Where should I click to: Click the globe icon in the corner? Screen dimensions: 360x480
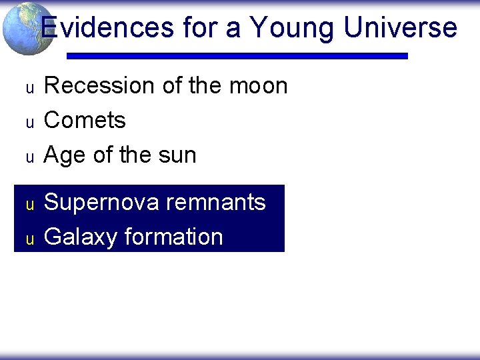tap(27, 28)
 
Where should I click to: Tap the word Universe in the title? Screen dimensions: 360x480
tap(401, 28)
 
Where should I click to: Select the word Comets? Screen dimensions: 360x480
tap(85, 121)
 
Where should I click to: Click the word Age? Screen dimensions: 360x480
tap(65, 155)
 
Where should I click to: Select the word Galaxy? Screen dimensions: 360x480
tap(79, 237)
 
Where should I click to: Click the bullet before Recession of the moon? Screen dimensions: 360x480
tap(29, 88)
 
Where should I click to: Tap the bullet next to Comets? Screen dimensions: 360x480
tap(29, 123)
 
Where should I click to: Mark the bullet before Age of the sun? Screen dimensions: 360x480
tap(29, 157)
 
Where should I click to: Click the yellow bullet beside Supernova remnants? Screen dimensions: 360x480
tap(29, 205)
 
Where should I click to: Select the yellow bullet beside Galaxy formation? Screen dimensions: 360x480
tap(29, 239)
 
